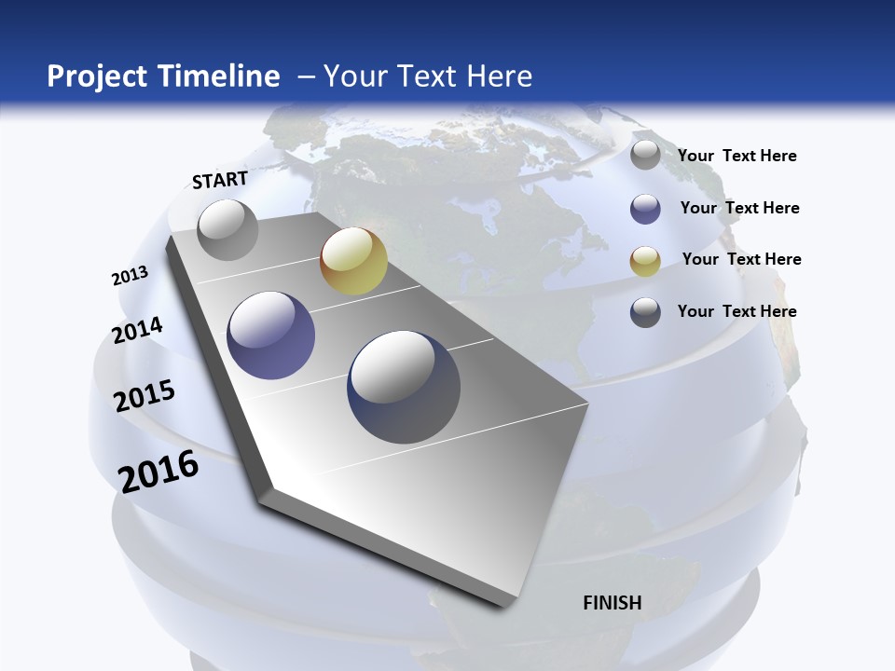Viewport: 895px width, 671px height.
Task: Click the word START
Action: coord(220,180)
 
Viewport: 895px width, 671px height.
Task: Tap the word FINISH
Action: coord(613,603)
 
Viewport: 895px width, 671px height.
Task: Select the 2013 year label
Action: coord(130,276)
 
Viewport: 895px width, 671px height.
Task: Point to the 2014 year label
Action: coord(137,331)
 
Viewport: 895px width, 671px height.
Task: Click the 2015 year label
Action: coord(145,396)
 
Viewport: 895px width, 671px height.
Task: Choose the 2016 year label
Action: coord(158,472)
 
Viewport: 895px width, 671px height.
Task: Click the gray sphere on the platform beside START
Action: coord(228,229)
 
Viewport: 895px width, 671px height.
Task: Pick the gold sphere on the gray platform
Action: coord(353,261)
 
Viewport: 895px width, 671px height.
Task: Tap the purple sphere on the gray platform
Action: coord(271,335)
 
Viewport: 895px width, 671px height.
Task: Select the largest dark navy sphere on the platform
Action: coord(404,387)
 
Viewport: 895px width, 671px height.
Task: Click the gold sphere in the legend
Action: coord(645,261)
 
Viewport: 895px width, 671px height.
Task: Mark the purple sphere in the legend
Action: coord(645,209)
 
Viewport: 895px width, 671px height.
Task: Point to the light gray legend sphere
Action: coord(645,156)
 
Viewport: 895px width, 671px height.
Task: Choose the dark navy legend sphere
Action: coord(645,312)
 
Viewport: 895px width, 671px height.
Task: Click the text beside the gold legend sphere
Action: coord(741,259)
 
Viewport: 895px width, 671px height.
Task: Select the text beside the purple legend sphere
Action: coord(739,208)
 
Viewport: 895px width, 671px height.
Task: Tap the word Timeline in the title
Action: coord(220,76)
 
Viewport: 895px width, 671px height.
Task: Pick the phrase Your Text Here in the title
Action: coord(428,76)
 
